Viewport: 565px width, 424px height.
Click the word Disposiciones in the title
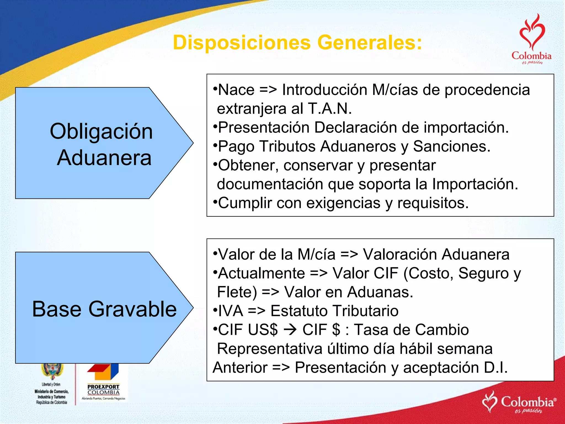(x=242, y=43)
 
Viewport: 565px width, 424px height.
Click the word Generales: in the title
(x=370, y=43)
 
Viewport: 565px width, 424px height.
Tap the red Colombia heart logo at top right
(x=532, y=39)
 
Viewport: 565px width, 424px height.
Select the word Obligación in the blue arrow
(x=101, y=131)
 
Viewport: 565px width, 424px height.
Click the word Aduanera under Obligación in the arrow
(x=104, y=158)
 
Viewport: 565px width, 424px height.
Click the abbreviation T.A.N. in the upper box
(x=330, y=109)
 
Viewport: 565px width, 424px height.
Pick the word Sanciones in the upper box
(x=451, y=146)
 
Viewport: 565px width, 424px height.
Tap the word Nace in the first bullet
(x=236, y=90)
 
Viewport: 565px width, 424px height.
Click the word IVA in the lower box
(x=231, y=311)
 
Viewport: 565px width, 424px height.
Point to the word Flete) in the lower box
(x=237, y=292)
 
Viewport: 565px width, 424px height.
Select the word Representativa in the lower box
(x=270, y=349)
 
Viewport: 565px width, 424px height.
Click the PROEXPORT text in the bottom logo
(x=103, y=387)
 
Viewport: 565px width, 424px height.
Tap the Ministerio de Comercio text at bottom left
(x=52, y=391)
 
